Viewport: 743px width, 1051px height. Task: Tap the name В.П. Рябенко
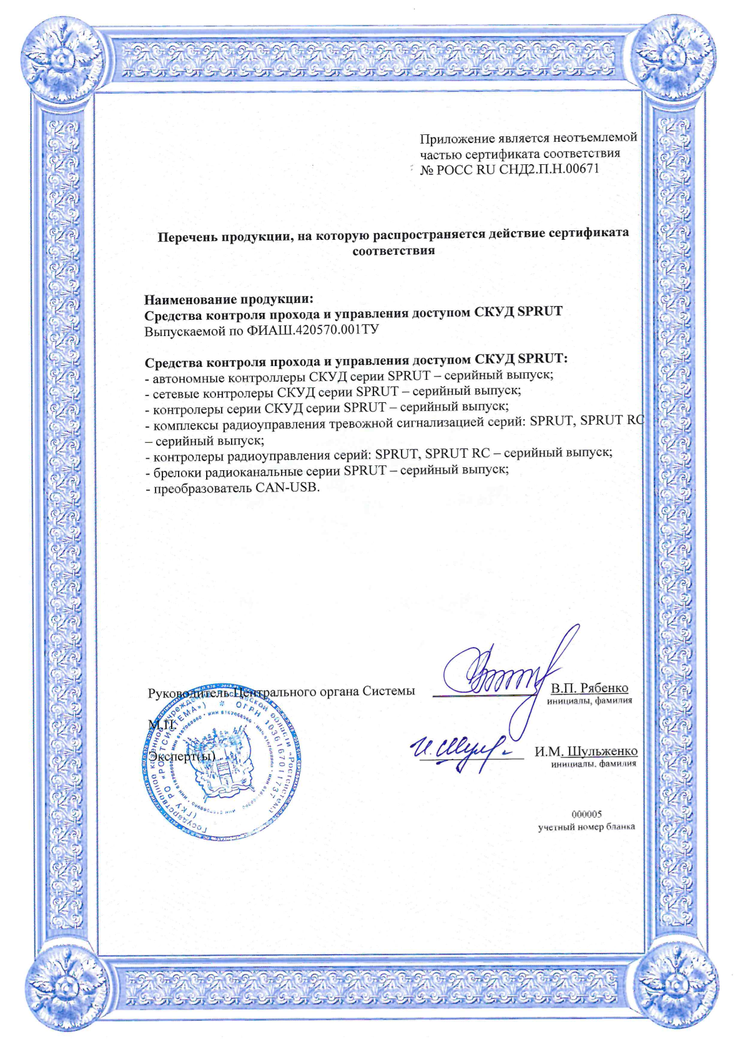coord(589,688)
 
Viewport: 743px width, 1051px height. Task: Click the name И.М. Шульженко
coord(586,751)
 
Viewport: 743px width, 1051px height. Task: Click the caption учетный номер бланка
coord(586,827)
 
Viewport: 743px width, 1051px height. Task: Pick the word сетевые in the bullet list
coord(177,392)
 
